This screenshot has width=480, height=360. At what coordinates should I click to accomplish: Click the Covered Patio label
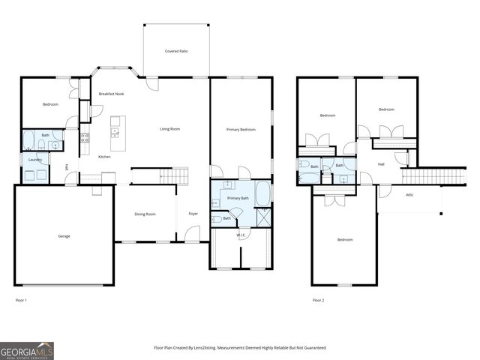[x=176, y=51]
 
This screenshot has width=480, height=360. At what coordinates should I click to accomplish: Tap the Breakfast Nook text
[x=111, y=94]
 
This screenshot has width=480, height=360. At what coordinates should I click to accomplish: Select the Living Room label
[x=169, y=129]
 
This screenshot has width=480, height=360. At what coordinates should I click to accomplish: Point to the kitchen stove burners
[x=85, y=138]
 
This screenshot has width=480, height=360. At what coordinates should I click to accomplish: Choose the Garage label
[x=64, y=236]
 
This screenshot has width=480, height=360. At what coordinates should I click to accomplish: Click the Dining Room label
[x=145, y=214]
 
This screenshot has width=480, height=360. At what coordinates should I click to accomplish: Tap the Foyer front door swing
[x=193, y=233]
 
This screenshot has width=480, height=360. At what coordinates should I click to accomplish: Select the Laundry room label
[x=34, y=160]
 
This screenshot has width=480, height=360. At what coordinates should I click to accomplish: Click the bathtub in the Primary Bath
[x=263, y=193]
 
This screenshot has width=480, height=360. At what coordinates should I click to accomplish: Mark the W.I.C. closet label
[x=241, y=235]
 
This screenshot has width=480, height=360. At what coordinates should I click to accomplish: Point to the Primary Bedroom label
[x=241, y=129]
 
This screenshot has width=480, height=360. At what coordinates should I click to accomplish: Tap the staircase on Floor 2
[x=424, y=176]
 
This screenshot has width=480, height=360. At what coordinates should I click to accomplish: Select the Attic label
[x=409, y=195]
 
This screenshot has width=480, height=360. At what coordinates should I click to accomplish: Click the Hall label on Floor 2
[x=381, y=163]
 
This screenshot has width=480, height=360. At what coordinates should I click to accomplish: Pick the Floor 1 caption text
[x=21, y=300]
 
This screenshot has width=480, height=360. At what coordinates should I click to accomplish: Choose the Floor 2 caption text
[x=318, y=300]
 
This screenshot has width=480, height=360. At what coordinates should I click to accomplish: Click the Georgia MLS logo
[x=27, y=350]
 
